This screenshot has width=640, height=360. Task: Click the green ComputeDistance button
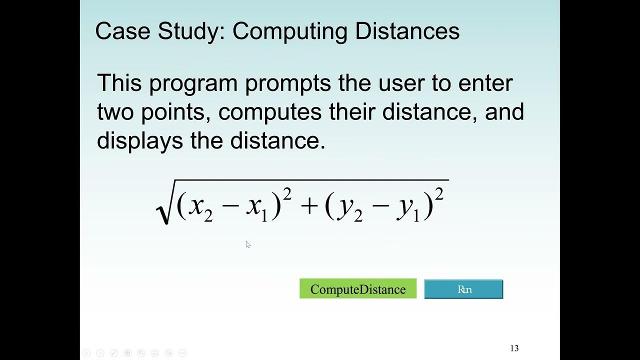pos(357,289)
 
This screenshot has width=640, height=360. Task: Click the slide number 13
pos(514,348)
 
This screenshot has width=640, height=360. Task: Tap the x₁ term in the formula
pos(257,208)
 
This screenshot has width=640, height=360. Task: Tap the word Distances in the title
pos(407,31)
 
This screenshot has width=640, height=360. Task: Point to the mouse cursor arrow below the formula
pos(248,244)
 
